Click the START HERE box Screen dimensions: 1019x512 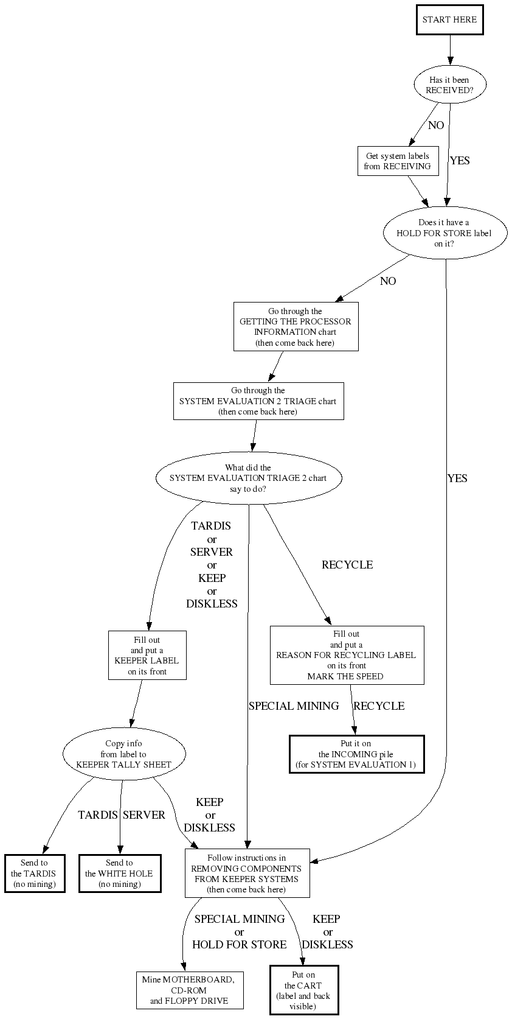click(x=450, y=19)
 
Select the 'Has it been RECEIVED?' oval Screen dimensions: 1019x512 click(x=449, y=85)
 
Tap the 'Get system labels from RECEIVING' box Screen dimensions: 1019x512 click(x=398, y=161)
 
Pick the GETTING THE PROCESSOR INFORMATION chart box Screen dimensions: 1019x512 click(x=296, y=327)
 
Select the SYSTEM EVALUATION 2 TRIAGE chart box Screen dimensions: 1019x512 click(x=258, y=401)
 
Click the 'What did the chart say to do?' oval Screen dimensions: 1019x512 click(x=248, y=478)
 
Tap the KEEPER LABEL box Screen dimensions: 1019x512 click(x=147, y=656)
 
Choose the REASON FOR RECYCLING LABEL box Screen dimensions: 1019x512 click(x=347, y=655)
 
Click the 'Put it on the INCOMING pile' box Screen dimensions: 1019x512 click(x=356, y=754)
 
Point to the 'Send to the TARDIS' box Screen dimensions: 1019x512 click(x=35, y=874)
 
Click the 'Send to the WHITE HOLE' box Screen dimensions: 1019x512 click(x=120, y=874)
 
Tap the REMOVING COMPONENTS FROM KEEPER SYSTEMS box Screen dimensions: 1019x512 click(x=247, y=874)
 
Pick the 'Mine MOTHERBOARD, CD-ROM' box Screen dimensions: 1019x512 click(x=190, y=990)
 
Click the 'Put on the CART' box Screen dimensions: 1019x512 click(x=303, y=990)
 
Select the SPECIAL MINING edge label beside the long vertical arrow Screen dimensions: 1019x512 click(x=294, y=706)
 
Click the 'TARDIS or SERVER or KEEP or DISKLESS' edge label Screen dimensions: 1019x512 click(x=212, y=565)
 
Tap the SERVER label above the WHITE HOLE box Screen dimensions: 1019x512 click(x=144, y=815)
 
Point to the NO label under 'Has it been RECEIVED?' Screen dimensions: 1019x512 click(x=436, y=125)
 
